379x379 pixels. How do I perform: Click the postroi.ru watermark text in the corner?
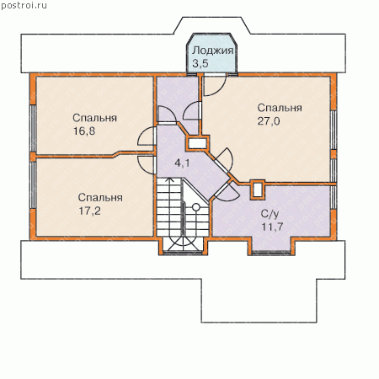[x=24, y=6]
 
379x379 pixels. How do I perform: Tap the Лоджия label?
[x=213, y=51]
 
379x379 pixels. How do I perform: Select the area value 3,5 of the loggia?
[x=200, y=63]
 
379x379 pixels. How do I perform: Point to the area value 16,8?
[x=84, y=131]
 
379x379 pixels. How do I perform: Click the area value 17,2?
[x=89, y=211]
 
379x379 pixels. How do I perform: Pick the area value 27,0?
[x=269, y=121]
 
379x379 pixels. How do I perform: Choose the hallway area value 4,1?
[x=182, y=163]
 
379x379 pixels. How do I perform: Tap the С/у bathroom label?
[x=270, y=214]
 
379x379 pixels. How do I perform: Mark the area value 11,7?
[x=272, y=227]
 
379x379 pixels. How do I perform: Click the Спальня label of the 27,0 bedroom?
[x=280, y=108]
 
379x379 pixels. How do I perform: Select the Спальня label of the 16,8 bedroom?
[x=94, y=118]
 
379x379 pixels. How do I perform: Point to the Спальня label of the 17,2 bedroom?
[x=100, y=197]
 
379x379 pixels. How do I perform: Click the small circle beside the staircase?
[x=196, y=207]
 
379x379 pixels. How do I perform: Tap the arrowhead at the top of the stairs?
[x=168, y=179]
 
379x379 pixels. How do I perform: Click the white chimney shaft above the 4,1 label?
[x=197, y=144]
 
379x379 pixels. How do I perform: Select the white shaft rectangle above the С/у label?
[x=258, y=190]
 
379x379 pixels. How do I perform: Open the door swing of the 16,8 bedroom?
[x=146, y=136]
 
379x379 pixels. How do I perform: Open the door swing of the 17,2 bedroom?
[x=146, y=164]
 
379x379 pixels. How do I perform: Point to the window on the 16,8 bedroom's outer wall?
[x=33, y=129]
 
